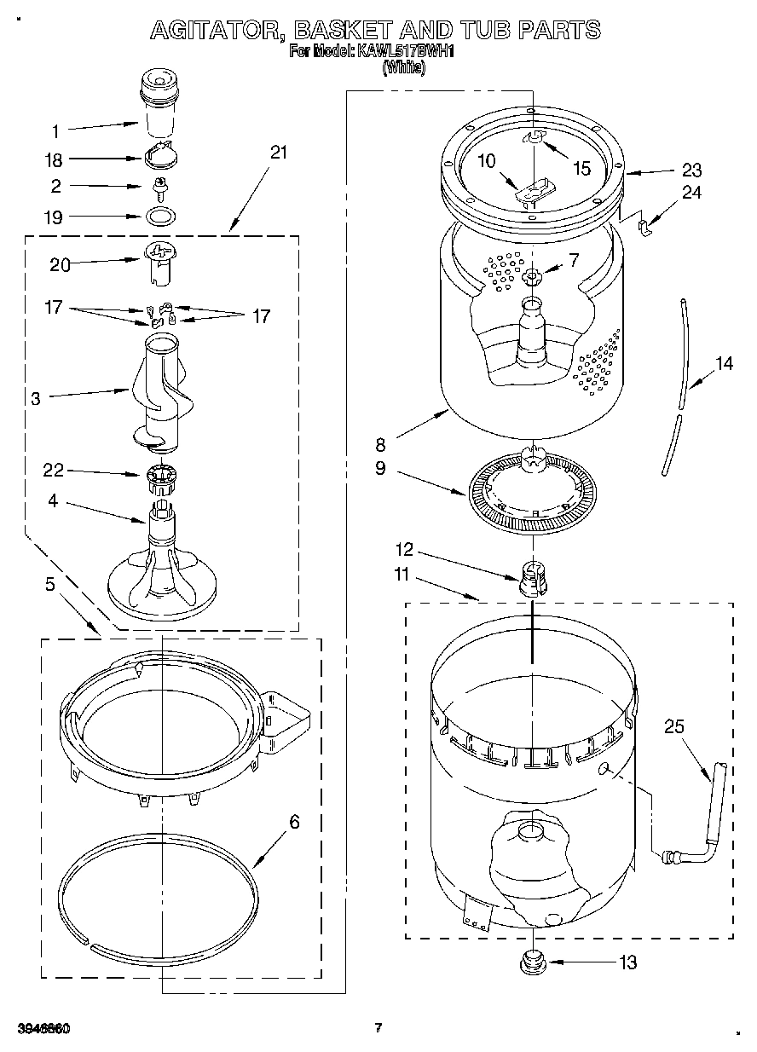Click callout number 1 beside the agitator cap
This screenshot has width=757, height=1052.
[55, 131]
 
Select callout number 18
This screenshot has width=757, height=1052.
[53, 159]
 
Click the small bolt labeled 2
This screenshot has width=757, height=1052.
[158, 185]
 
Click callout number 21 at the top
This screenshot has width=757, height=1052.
[278, 153]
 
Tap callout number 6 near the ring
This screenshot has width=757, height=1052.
[294, 823]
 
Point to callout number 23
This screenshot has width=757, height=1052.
[691, 169]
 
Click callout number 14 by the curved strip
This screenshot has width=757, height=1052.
[724, 364]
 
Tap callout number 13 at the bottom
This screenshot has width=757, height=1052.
[627, 963]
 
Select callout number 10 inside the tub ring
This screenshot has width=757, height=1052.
[485, 159]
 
